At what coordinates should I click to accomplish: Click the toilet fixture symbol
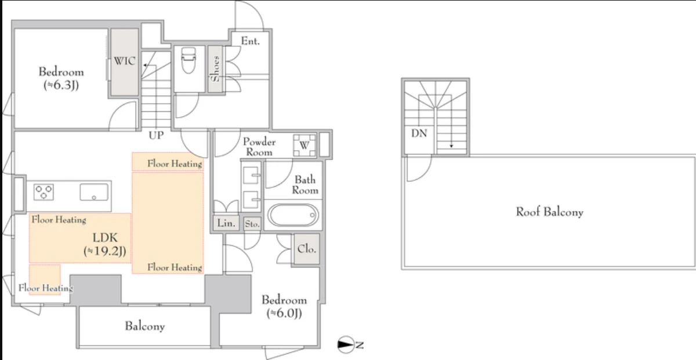(x=188, y=60)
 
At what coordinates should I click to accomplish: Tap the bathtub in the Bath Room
(x=293, y=215)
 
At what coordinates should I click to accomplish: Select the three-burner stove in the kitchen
(x=43, y=192)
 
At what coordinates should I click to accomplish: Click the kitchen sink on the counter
(x=94, y=192)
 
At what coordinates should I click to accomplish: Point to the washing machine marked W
(x=304, y=145)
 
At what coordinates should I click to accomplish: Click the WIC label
(x=125, y=61)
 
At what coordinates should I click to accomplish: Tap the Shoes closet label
(x=215, y=69)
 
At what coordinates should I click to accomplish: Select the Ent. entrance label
(x=250, y=41)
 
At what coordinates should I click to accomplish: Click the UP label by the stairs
(x=156, y=135)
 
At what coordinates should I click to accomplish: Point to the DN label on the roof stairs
(x=419, y=133)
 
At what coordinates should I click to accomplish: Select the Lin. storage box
(x=226, y=223)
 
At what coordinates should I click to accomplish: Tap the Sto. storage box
(x=252, y=224)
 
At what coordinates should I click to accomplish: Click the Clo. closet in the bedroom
(x=307, y=249)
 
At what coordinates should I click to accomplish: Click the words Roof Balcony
(x=550, y=212)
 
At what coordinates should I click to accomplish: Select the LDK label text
(x=105, y=238)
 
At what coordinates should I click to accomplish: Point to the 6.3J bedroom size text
(x=61, y=85)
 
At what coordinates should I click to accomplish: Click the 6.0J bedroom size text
(x=284, y=313)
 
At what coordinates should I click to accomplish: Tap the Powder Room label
(x=259, y=147)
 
